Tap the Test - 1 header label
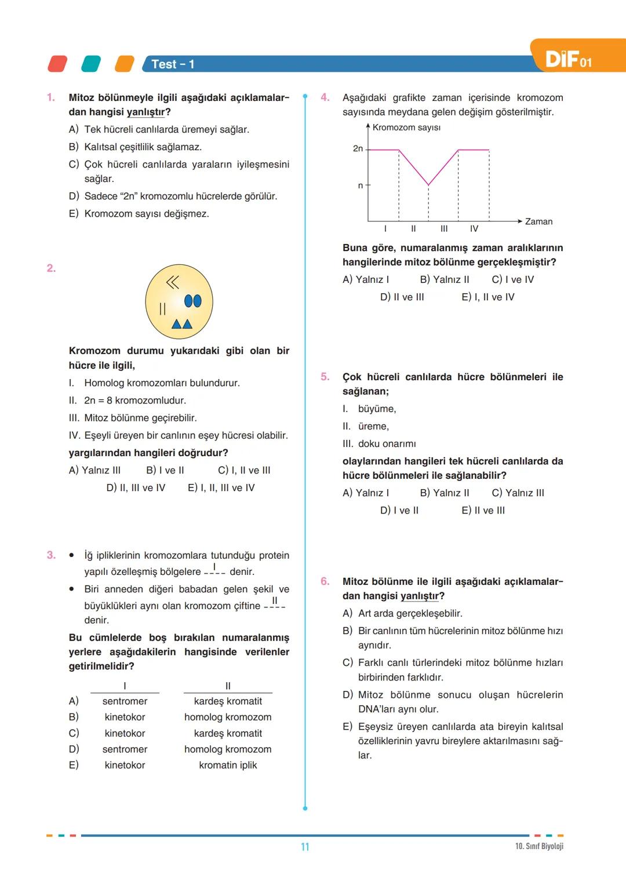coord(173,64)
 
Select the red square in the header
coord(57,64)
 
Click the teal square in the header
coord(91,64)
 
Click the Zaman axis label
coord(538,221)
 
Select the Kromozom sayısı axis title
coord(406,128)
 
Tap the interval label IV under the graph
coord(474,229)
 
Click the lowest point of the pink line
coord(428,184)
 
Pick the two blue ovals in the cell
coord(192,301)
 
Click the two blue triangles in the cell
coord(182,324)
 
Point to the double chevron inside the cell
coord(173,282)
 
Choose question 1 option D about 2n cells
coord(173,196)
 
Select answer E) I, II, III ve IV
coord(221,488)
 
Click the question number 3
coord(51,555)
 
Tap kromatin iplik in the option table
coord(228,765)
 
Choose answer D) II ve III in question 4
coord(402,297)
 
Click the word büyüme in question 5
coord(377,409)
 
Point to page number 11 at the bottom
coord(305,847)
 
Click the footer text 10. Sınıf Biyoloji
coord(539,846)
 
